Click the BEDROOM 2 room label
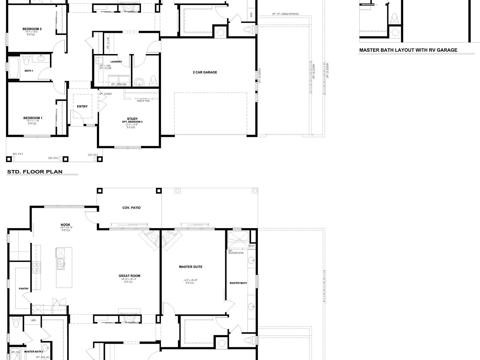coord(32,29)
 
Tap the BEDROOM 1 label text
coord(33,118)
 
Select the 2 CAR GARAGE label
coord(205,72)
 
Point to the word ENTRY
coord(82,107)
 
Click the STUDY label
coord(132,119)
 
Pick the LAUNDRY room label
coord(116,62)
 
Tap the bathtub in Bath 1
coord(14,67)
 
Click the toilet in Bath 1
coord(26,59)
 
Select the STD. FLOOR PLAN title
coord(35,172)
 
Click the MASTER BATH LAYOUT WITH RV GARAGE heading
coord(408,50)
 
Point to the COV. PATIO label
coord(131,208)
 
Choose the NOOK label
coord(65,225)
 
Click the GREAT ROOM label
coord(129,276)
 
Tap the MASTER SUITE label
coord(190,267)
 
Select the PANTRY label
coord(24,289)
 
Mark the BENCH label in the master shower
coord(252,246)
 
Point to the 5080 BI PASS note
coord(143,101)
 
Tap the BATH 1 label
coord(29,71)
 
